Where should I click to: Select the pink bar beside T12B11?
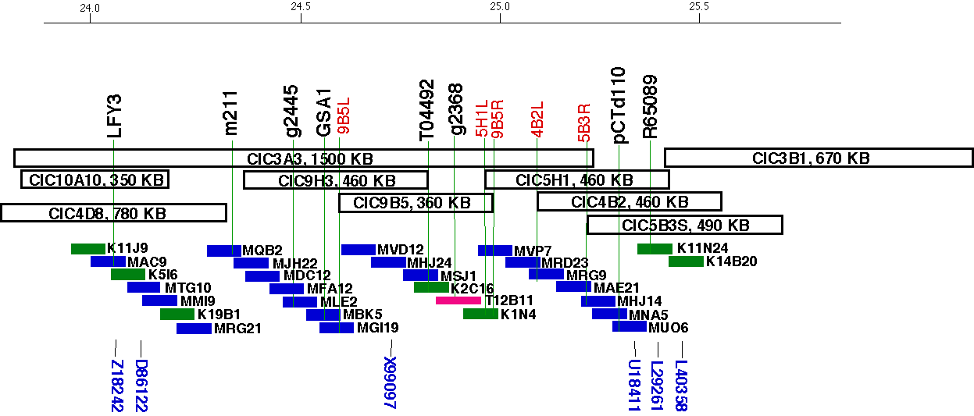(x=458, y=300)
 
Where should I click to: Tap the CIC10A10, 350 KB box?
(x=95, y=180)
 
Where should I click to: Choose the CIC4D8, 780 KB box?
(x=113, y=212)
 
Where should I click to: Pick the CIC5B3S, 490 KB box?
(x=684, y=226)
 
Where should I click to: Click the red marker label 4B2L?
(x=537, y=119)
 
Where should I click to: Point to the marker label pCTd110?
(x=619, y=105)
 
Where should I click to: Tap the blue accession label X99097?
(x=391, y=382)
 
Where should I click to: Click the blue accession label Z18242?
(x=117, y=386)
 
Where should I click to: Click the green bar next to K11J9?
(x=87, y=249)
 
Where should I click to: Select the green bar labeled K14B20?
(x=686, y=261)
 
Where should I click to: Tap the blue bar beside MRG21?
(x=194, y=329)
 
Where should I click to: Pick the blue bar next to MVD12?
(x=358, y=250)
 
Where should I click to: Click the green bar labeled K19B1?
(x=177, y=315)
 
